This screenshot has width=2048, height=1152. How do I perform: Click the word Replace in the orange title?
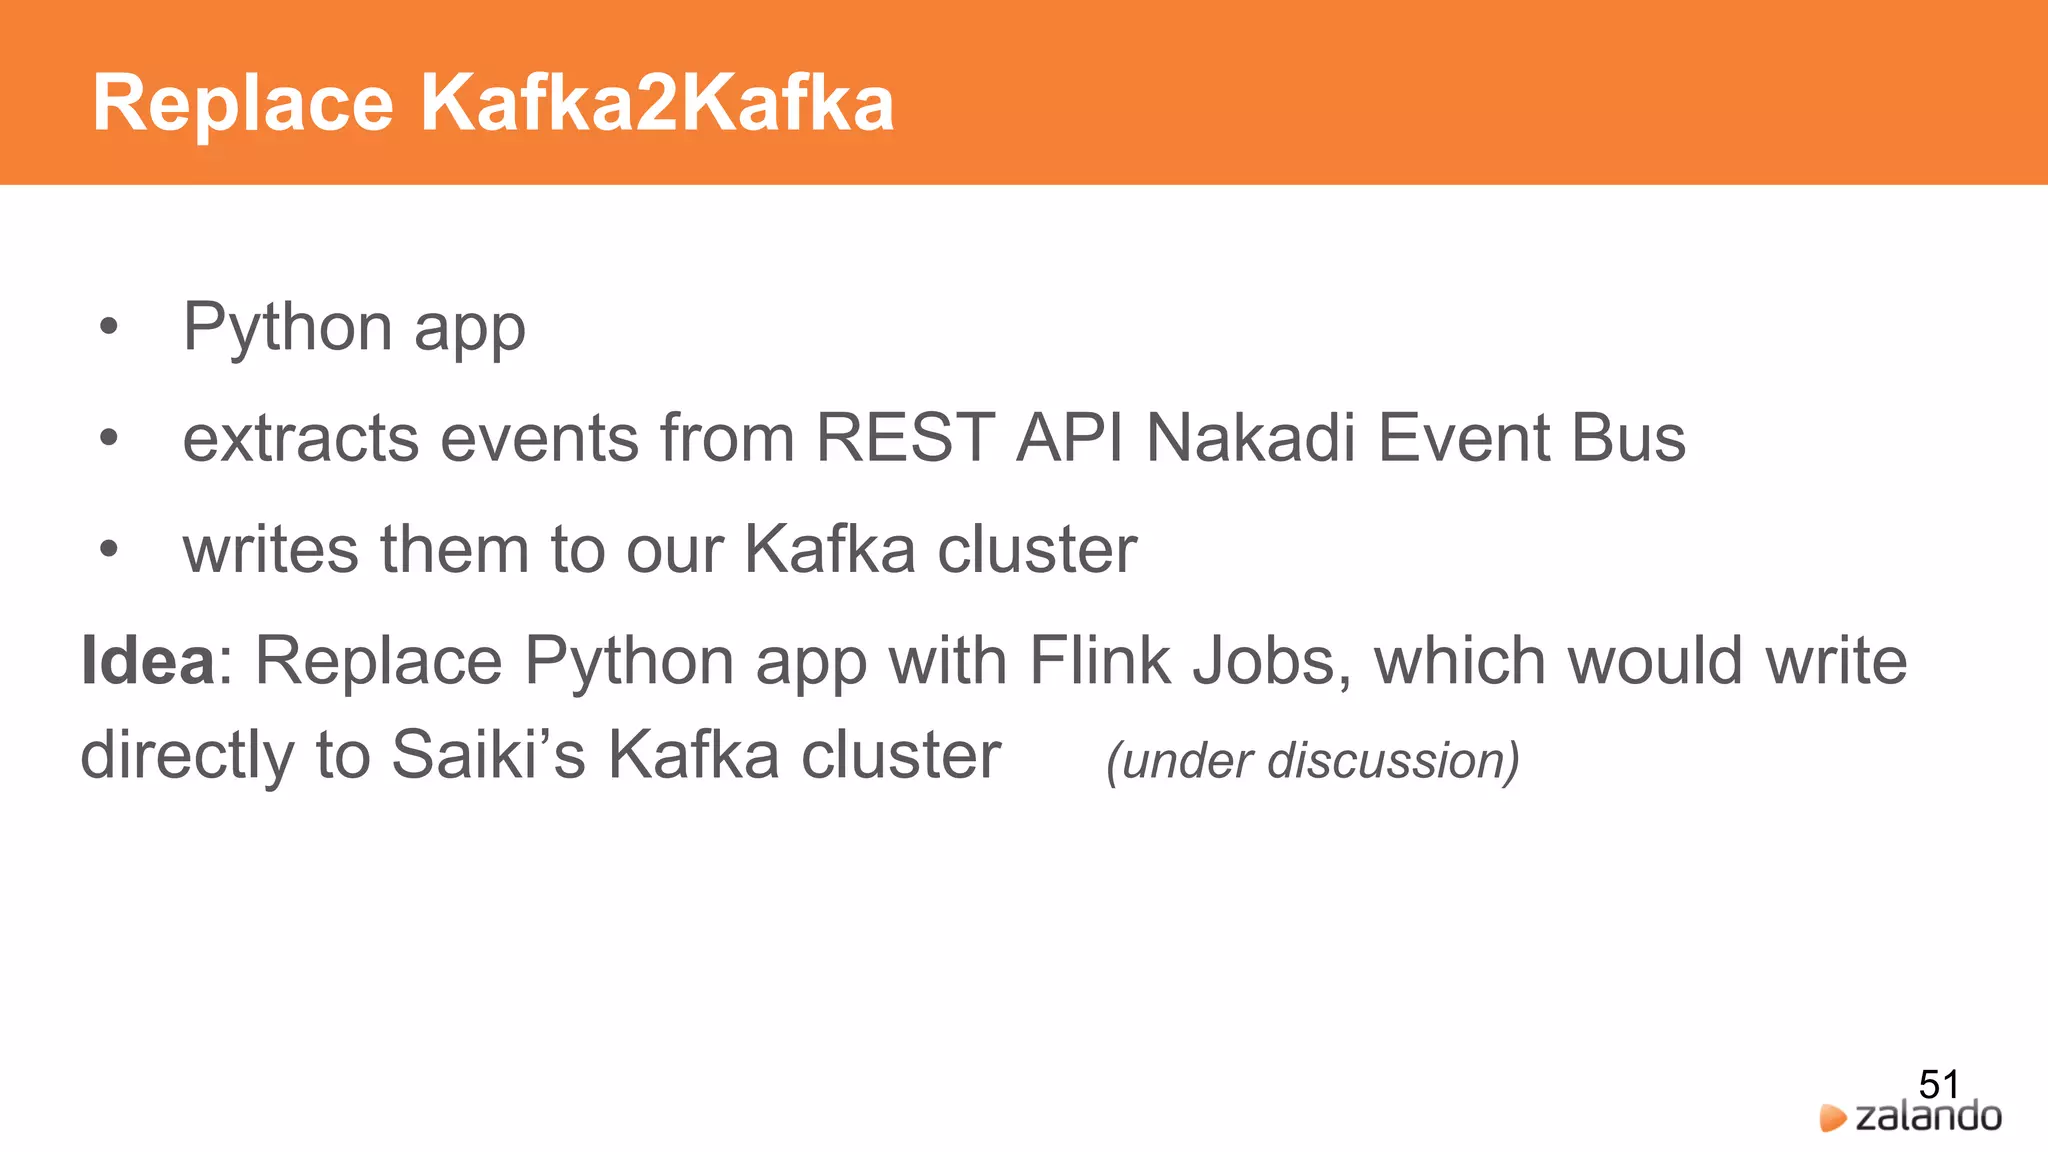[243, 104]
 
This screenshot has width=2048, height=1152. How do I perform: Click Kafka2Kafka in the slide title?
[656, 104]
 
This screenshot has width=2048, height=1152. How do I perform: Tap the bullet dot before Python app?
[109, 326]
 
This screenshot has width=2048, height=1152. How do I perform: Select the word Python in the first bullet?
[288, 328]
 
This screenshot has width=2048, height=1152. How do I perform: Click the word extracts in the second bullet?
[301, 439]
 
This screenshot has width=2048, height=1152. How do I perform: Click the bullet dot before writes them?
[109, 549]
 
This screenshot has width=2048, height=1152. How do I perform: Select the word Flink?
[1099, 661]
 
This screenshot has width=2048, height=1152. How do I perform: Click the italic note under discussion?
[1312, 761]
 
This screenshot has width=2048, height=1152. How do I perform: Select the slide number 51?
[1938, 1084]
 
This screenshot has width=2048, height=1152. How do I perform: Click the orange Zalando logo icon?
[1832, 1118]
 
